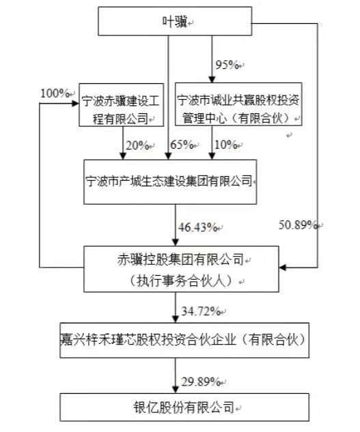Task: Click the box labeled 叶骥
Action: [175, 21]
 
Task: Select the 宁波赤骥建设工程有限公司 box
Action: [122, 105]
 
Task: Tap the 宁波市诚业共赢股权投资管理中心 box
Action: [238, 104]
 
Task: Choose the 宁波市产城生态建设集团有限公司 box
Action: [170, 182]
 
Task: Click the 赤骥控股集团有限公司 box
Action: [181, 269]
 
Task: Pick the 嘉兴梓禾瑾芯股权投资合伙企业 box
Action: [184, 341]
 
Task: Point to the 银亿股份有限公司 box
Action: [184, 407]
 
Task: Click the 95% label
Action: [227, 65]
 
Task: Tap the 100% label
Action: [55, 93]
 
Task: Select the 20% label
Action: [137, 145]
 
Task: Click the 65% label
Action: [182, 145]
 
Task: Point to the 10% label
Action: [226, 145]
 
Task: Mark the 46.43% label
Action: [197, 227]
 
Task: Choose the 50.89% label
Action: [298, 225]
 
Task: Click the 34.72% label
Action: [201, 311]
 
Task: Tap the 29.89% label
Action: [201, 382]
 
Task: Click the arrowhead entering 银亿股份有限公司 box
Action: [175, 390]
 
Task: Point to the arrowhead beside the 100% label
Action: [75, 103]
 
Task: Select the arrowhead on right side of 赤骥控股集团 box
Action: [283, 268]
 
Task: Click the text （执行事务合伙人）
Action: [181, 281]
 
